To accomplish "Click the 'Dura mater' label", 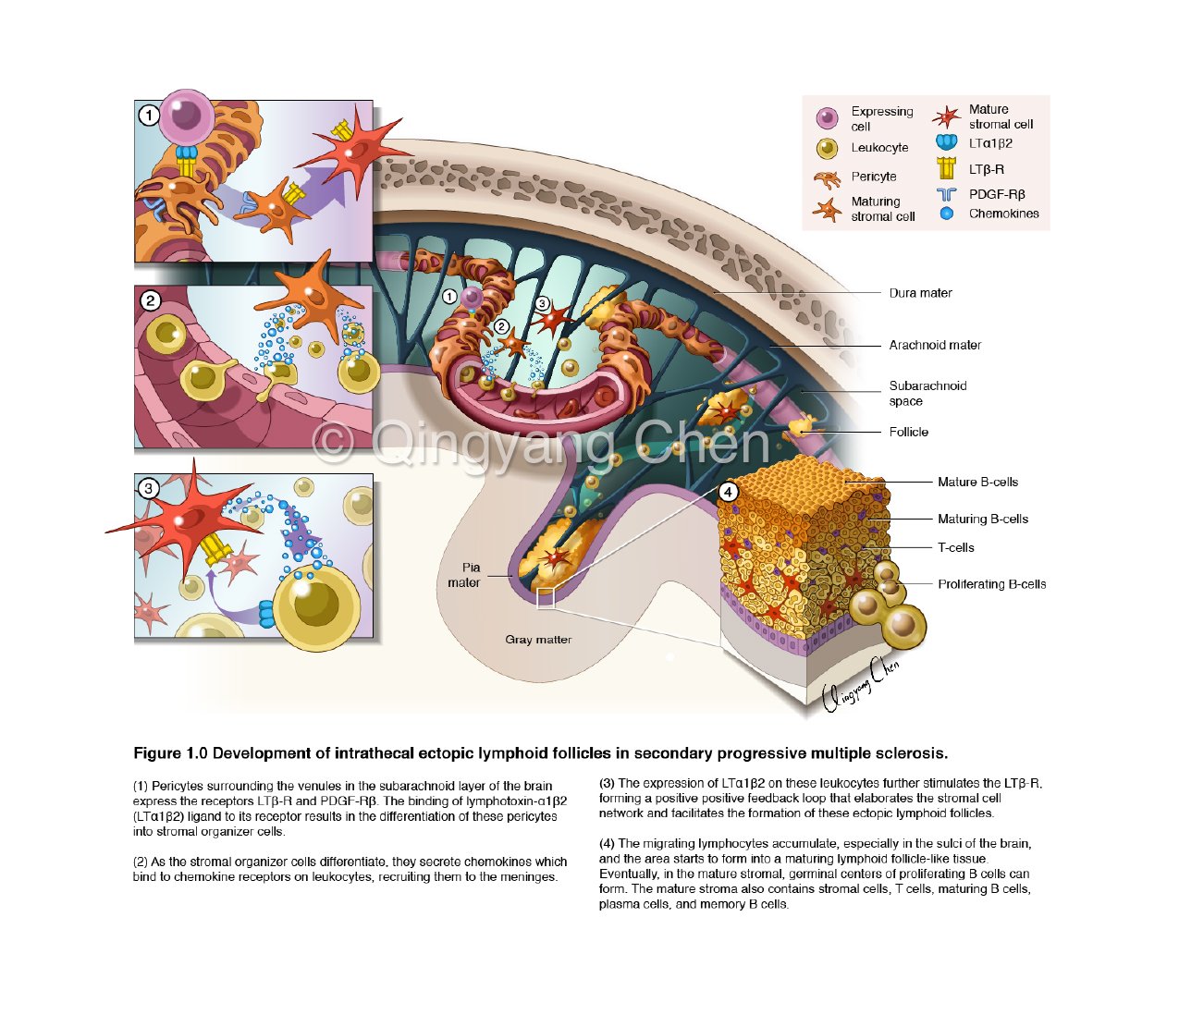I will (920, 293).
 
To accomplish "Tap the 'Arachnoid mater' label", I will (935, 345).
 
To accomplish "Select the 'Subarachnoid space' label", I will (927, 393).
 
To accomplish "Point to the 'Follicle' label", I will (908, 432).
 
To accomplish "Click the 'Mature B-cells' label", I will (977, 482).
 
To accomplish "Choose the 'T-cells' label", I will (955, 547).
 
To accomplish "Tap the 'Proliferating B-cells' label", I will (991, 584).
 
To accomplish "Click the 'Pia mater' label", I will (466, 575).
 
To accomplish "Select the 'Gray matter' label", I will (538, 640).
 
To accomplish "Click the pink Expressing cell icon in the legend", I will (827, 118).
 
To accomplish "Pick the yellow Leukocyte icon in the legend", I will (827, 148).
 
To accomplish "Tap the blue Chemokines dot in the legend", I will (946, 214).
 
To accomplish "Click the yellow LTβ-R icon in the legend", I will (946, 168).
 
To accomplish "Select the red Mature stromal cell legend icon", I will (946, 117).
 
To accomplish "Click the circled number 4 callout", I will (729, 492).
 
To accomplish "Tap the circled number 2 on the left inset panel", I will (150, 300).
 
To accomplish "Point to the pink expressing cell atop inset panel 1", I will (188, 116).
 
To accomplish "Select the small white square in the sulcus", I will (546, 598).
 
